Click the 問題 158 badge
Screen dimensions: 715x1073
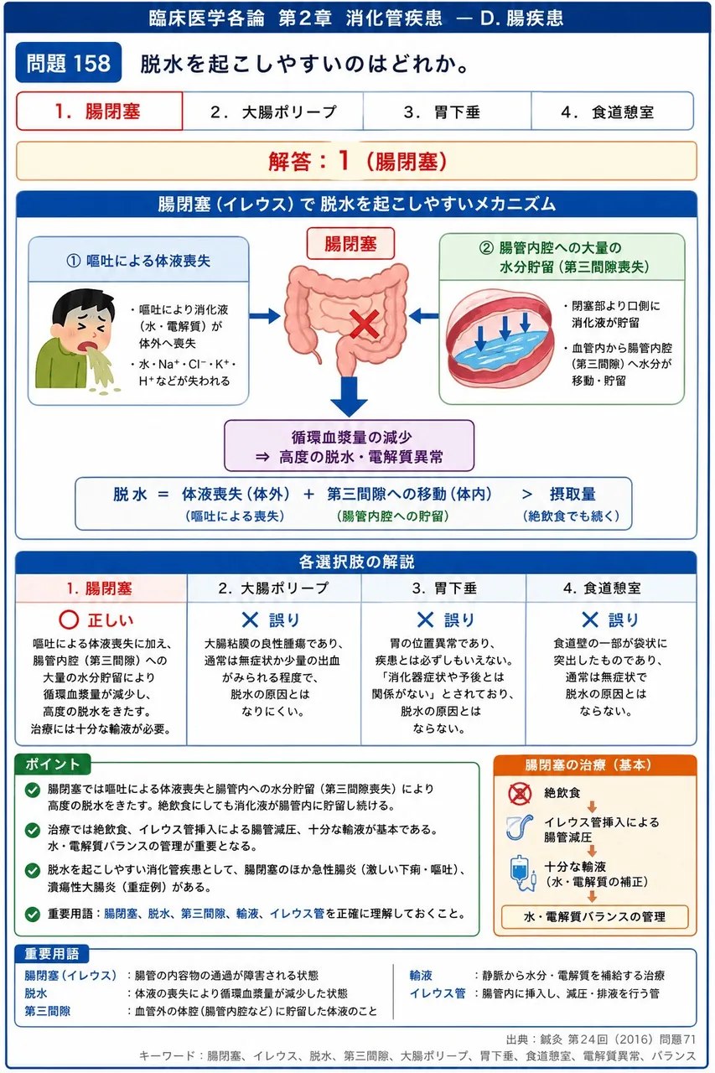69,63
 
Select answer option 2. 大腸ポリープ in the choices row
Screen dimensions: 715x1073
273,111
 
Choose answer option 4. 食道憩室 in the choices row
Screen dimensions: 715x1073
613,111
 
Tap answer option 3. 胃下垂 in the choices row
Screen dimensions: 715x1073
448,111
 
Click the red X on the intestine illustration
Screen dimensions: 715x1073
365,324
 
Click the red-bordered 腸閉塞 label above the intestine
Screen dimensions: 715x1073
350,244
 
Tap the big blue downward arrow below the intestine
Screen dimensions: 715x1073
350,397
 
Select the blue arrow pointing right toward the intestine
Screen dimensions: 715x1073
265,316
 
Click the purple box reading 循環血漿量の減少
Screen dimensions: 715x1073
350,446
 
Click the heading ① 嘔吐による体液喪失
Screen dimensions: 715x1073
138,261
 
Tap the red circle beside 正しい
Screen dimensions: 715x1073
69,619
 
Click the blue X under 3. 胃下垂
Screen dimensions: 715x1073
425,619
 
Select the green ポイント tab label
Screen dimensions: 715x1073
52,764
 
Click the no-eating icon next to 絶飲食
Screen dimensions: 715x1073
520,794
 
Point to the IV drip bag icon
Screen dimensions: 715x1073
522,873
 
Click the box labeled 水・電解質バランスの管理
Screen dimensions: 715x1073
595,917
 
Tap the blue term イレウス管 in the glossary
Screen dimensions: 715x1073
438,993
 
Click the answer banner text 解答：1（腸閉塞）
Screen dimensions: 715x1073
357,161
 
